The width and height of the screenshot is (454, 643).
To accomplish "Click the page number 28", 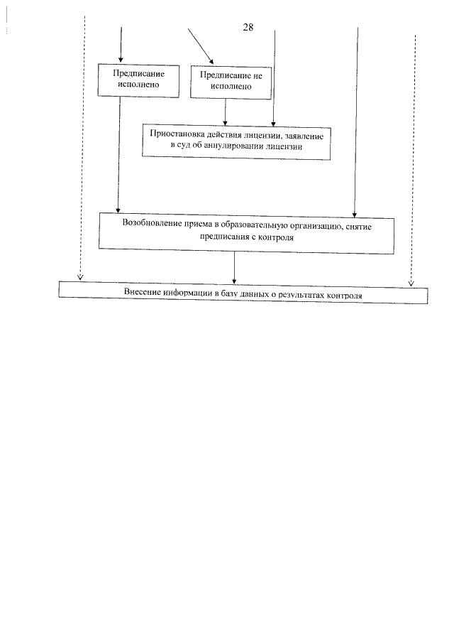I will [248, 29].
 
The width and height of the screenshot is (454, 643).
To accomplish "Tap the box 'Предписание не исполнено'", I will [232, 82].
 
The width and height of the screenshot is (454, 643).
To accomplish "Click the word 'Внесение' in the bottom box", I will [141, 293].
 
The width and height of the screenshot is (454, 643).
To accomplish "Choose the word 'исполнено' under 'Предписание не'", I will [232, 87].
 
